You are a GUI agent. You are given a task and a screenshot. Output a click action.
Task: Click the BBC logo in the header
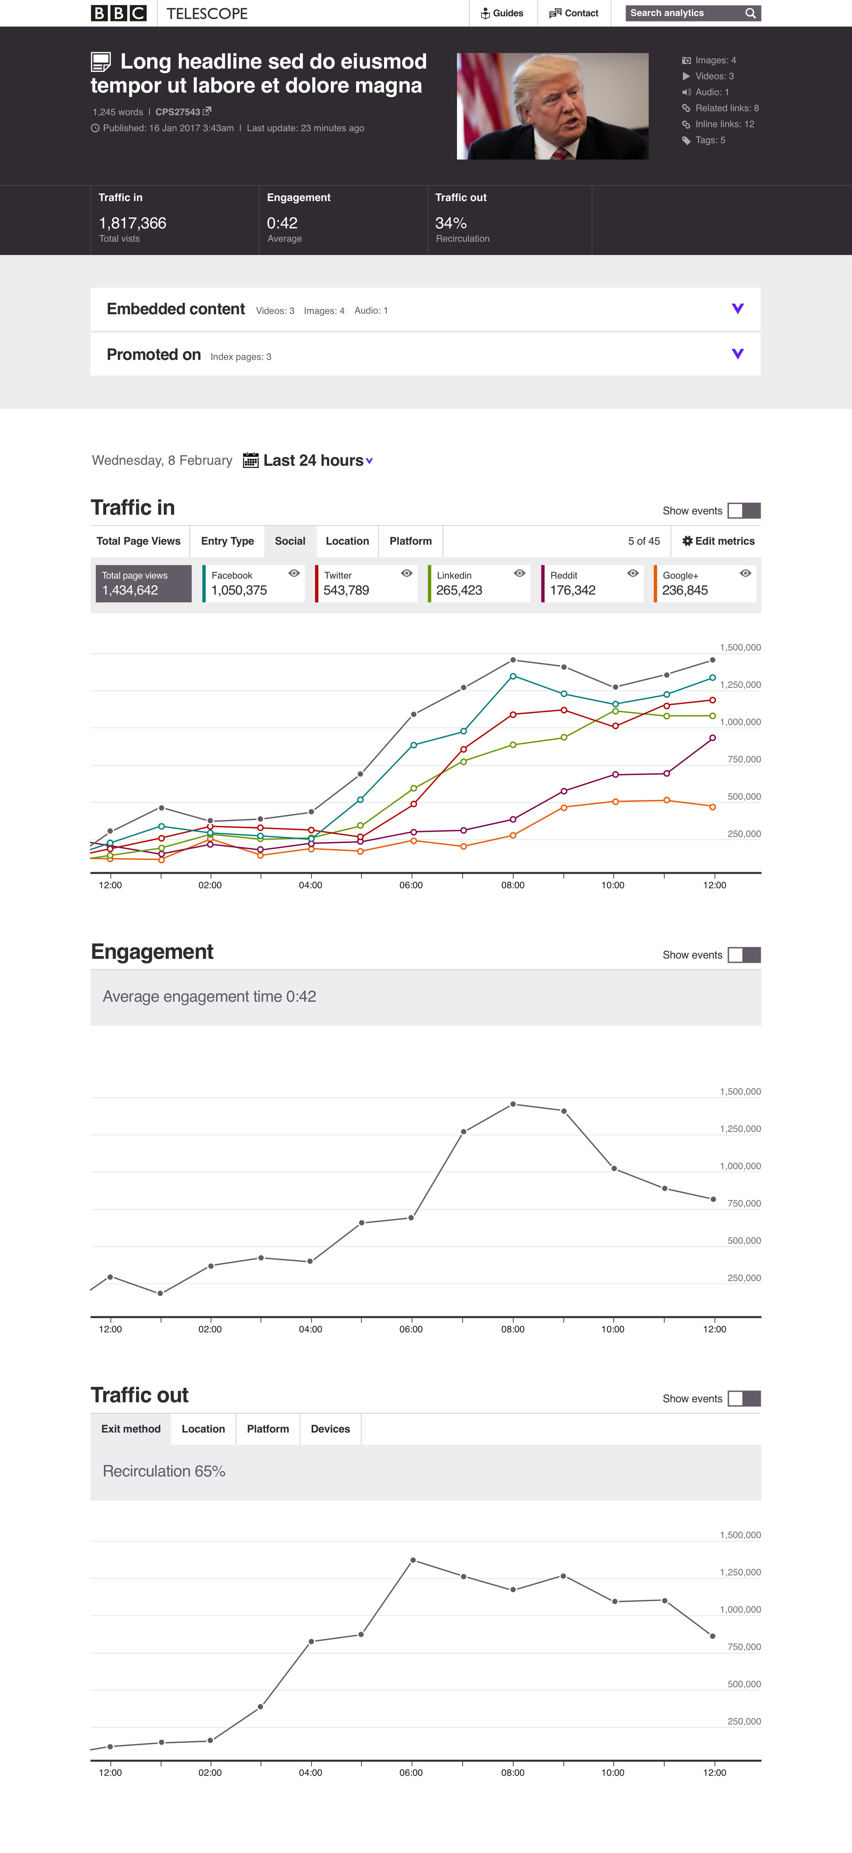point(119,13)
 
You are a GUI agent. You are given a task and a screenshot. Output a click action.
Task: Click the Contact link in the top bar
point(574,13)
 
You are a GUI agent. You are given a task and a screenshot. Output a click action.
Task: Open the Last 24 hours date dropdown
point(317,461)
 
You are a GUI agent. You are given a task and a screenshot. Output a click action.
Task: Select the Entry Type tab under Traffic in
point(227,541)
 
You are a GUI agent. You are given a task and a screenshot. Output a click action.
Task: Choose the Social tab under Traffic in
point(290,541)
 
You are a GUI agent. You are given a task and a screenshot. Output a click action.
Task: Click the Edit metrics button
point(718,541)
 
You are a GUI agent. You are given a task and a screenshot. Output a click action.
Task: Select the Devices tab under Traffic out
point(330,1429)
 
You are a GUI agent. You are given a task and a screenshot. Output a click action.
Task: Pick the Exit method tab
point(131,1429)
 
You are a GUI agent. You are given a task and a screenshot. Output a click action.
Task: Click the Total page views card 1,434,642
point(144,583)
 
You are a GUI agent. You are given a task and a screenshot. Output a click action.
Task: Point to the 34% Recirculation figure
point(451,223)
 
